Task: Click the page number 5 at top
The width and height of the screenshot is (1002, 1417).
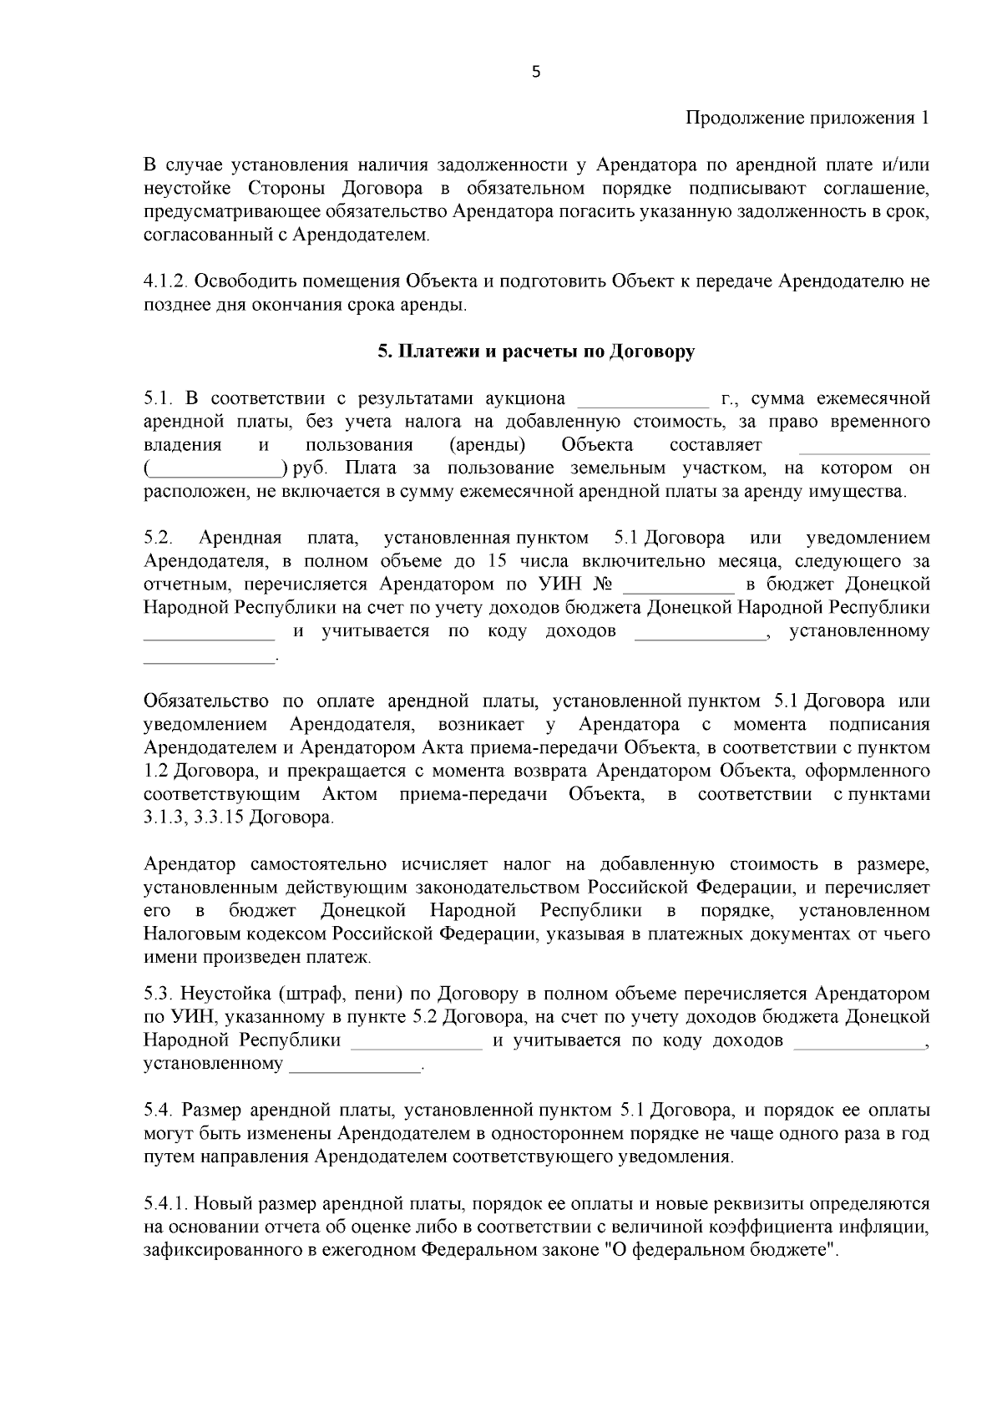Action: pos(536,73)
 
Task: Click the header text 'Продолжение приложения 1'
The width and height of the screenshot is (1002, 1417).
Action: pos(807,118)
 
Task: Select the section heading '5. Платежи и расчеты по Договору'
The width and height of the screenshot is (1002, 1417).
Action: pos(535,352)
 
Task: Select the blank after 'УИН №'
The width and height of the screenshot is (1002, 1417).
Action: pos(679,584)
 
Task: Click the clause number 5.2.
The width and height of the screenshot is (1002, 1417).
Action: pos(157,537)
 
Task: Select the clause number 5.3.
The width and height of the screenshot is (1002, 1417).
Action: pos(157,994)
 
